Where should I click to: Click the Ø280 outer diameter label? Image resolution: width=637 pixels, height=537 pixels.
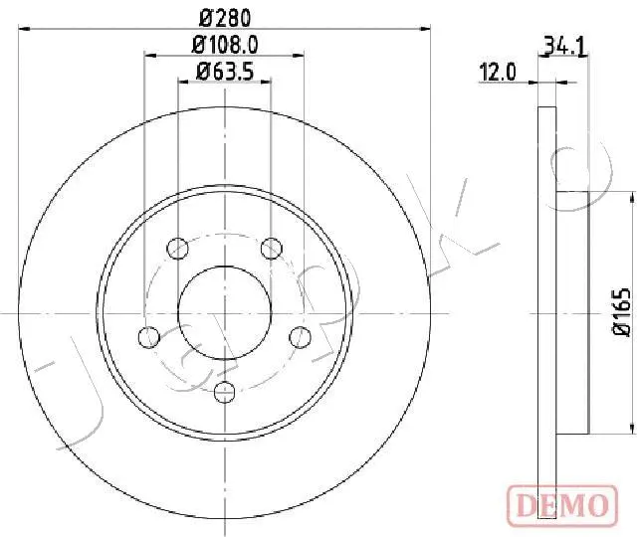click(225, 18)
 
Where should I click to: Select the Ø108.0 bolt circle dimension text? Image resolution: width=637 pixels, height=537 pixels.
click(225, 45)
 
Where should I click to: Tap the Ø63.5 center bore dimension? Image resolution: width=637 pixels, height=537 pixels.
click(225, 72)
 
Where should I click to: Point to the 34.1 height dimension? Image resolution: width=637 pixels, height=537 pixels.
click(565, 47)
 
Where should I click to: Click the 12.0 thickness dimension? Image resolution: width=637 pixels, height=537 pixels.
click(498, 73)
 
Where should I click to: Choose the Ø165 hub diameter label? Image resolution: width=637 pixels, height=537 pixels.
click(621, 311)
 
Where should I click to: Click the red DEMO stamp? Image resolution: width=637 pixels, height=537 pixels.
click(562, 505)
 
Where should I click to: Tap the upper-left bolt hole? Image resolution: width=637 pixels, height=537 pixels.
click(177, 248)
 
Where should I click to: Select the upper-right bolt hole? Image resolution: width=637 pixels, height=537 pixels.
click(272, 248)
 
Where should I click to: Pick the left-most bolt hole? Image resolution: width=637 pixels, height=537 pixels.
click(149, 337)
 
